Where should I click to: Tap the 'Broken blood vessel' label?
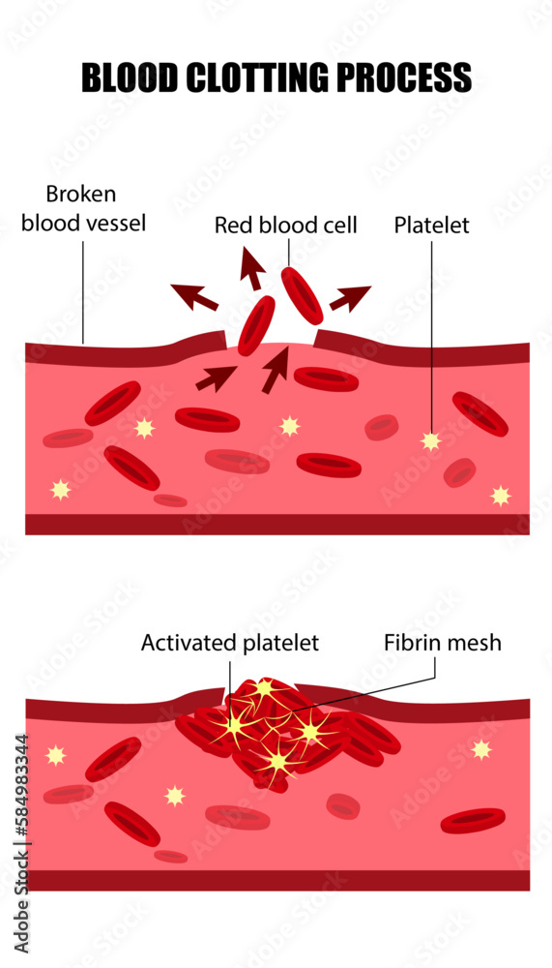click(84, 210)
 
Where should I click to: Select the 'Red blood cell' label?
click(286, 226)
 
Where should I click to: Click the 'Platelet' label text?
click(431, 226)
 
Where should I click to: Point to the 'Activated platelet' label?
click(230, 643)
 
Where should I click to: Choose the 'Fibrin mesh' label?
click(443, 643)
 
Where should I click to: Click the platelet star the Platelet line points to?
click(431, 441)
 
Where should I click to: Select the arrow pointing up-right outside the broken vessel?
click(350, 297)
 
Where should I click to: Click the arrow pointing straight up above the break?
click(252, 268)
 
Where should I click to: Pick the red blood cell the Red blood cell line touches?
click(302, 295)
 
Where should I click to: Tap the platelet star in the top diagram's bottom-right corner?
click(500, 496)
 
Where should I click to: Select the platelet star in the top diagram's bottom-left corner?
click(61, 490)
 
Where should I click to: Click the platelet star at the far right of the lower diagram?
click(481, 749)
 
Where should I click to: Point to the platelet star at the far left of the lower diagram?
click(56, 755)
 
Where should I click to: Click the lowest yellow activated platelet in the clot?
click(277, 763)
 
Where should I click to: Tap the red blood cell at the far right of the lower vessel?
click(473, 821)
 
